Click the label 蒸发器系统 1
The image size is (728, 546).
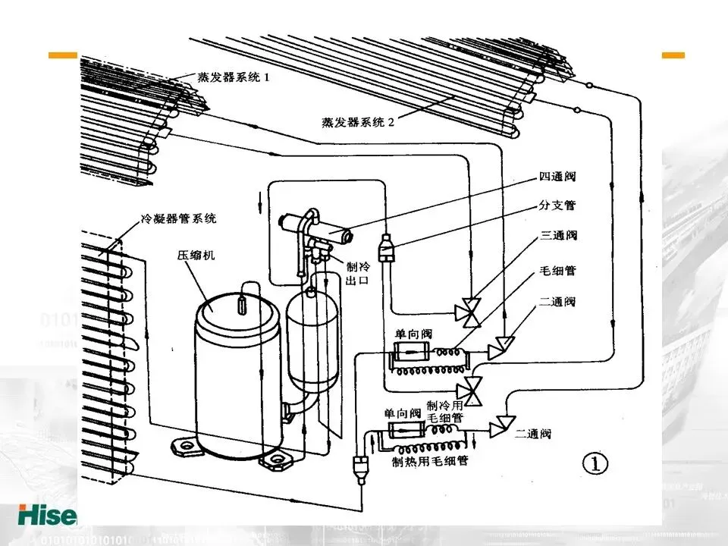(x=233, y=77)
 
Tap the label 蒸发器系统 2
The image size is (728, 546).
(x=358, y=122)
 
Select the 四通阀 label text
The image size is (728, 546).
(x=557, y=177)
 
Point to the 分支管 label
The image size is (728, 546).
(x=557, y=205)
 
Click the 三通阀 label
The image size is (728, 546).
(x=559, y=235)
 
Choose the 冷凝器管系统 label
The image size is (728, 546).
(x=179, y=218)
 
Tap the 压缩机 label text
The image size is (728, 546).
(x=196, y=255)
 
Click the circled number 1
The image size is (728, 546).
(x=595, y=463)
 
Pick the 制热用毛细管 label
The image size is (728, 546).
(x=430, y=461)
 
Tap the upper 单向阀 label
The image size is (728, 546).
(x=413, y=334)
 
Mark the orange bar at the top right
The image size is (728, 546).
(x=673, y=55)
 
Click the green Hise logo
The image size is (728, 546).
(x=48, y=516)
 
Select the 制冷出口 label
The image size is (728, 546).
(x=358, y=274)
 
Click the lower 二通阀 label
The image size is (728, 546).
(x=533, y=434)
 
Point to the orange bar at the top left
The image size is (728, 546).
(x=63, y=55)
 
